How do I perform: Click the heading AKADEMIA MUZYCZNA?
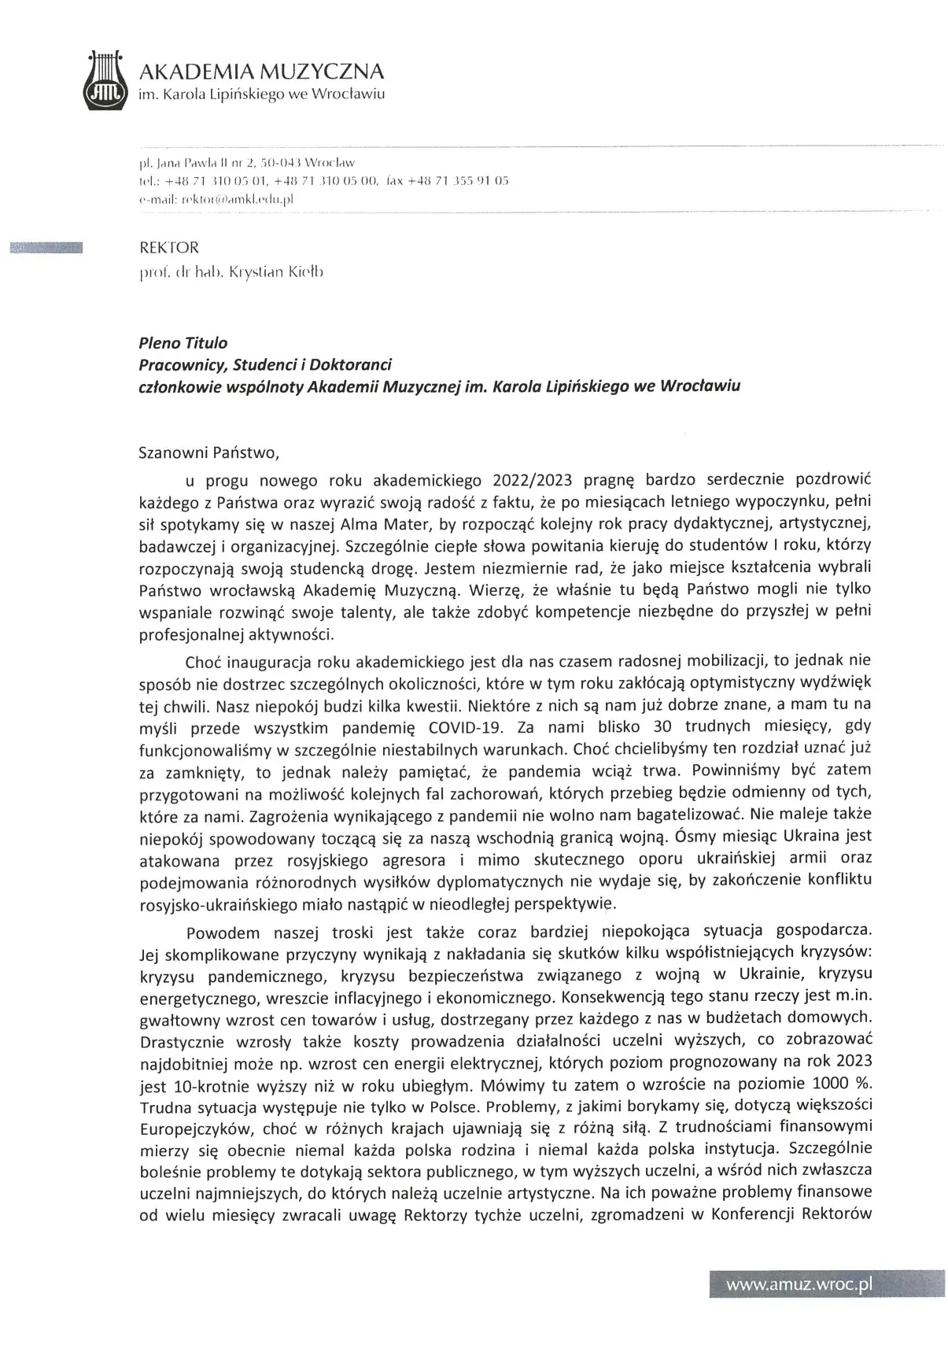(x=261, y=72)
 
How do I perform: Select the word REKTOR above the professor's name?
(x=168, y=248)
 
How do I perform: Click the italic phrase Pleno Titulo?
(x=182, y=343)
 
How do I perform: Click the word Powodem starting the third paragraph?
(x=223, y=933)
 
